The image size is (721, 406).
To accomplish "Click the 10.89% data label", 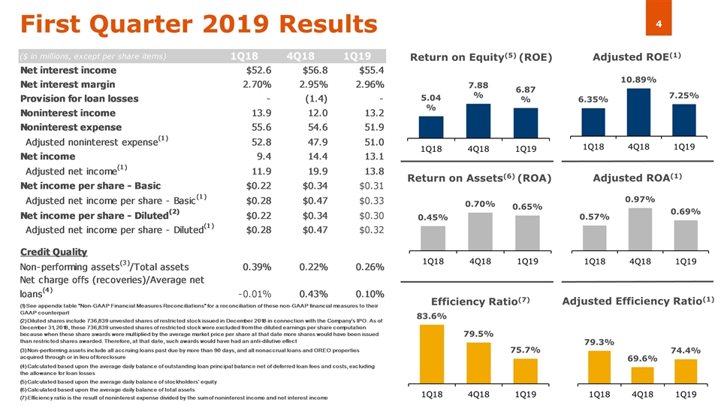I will [639, 79].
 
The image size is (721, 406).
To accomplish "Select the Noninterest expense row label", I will [70, 128].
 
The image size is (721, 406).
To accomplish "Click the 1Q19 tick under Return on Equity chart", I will [526, 148].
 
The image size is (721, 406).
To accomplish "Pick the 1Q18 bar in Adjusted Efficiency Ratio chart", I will [599, 375].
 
